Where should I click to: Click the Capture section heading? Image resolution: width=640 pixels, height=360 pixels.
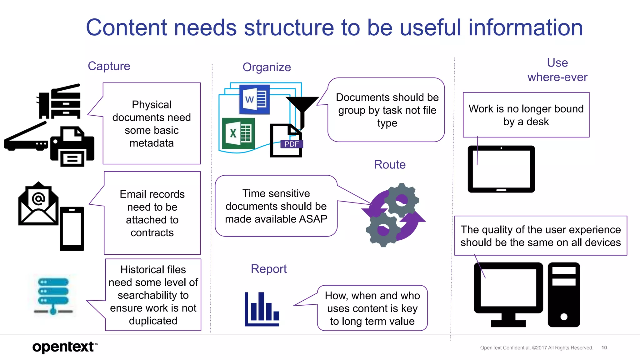point(109,66)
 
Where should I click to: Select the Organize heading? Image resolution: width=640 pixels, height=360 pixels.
point(267,67)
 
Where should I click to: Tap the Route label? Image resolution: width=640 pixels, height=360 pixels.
point(390,165)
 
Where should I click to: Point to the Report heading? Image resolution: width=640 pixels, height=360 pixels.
point(268,269)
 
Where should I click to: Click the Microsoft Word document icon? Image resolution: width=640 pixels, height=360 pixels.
point(254,99)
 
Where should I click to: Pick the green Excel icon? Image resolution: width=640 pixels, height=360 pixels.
point(238,133)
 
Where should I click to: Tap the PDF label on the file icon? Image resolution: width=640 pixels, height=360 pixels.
point(292,144)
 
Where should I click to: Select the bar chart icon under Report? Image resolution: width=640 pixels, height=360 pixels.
point(262,309)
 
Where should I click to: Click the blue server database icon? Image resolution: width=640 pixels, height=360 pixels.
point(53,296)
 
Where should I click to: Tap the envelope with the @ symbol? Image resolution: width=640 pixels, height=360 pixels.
point(38,204)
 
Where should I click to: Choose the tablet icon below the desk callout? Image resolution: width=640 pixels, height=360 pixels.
point(501,169)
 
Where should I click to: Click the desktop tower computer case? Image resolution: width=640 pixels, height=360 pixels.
point(564,295)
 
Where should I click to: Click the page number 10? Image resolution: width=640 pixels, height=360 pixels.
point(604,347)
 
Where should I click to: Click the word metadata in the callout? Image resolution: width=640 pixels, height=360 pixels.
point(152,143)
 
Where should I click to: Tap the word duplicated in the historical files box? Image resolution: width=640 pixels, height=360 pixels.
point(153,321)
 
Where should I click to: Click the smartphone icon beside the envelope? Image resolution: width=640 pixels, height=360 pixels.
point(72,229)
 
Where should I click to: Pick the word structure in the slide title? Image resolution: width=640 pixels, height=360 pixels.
point(289,27)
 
